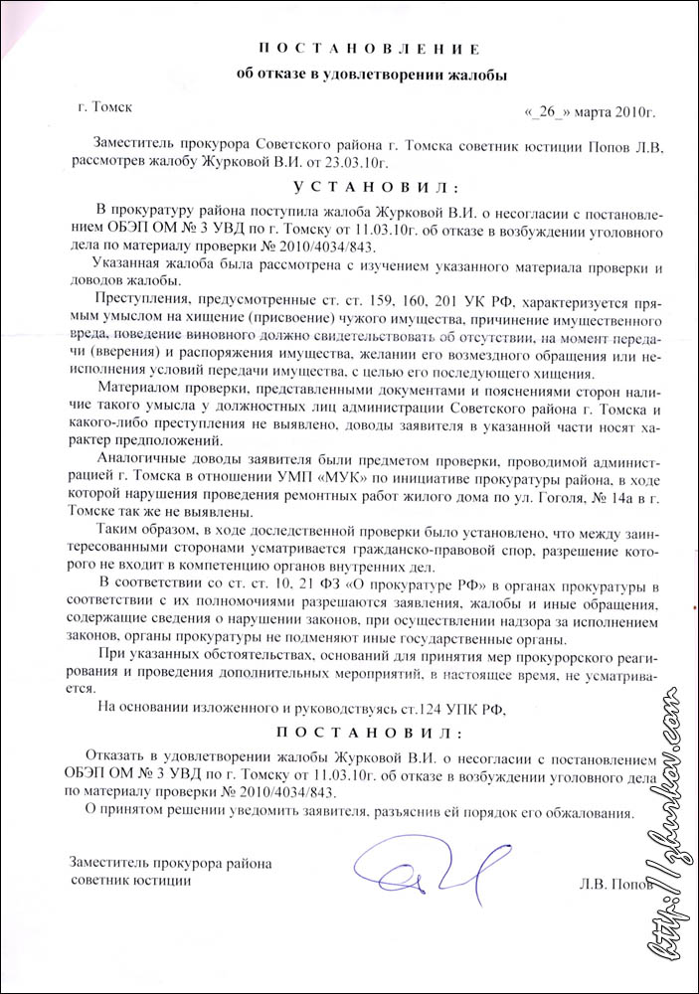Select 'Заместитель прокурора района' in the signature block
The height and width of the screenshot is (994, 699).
pos(170,863)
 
